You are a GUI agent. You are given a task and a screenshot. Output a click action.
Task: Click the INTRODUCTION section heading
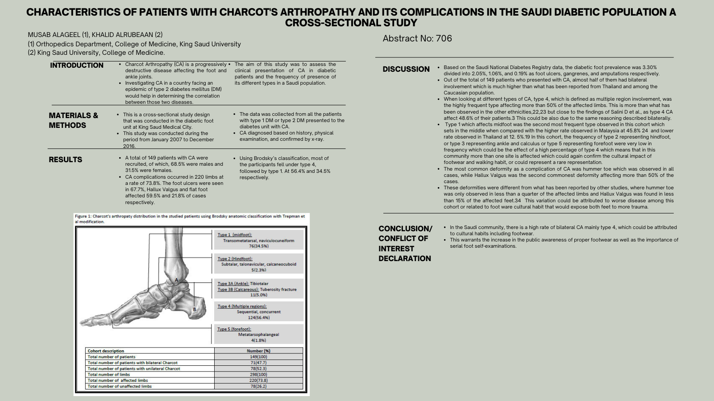pos(77,65)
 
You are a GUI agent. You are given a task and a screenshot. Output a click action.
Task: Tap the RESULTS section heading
pos(66,160)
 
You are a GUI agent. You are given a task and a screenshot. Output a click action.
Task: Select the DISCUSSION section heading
pos(406,69)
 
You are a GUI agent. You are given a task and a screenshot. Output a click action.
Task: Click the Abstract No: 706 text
pos(417,39)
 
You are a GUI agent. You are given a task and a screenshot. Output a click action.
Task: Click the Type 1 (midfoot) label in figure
pos(235,235)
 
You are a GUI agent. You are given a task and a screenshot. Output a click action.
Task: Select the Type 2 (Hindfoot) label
pos(235,258)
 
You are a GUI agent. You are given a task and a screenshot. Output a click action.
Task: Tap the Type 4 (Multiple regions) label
pos(242,306)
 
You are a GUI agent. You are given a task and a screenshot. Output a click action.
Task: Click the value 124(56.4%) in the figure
pos(259,318)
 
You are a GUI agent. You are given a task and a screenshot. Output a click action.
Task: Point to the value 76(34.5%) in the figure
pos(259,246)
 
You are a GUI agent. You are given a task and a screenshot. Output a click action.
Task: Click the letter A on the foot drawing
pos(176,280)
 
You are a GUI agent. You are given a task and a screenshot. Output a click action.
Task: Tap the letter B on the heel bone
pos(195,309)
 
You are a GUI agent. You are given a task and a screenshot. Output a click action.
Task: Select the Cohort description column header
pos(106,351)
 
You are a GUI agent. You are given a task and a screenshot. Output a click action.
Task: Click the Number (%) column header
pos(258,351)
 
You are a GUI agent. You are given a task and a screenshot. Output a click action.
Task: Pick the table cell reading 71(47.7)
pos(258,363)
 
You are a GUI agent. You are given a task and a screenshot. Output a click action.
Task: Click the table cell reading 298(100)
pos(258,374)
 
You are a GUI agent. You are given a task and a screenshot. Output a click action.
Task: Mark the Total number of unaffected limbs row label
pos(120,386)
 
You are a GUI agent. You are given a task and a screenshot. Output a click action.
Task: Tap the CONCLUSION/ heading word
pos(405,229)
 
